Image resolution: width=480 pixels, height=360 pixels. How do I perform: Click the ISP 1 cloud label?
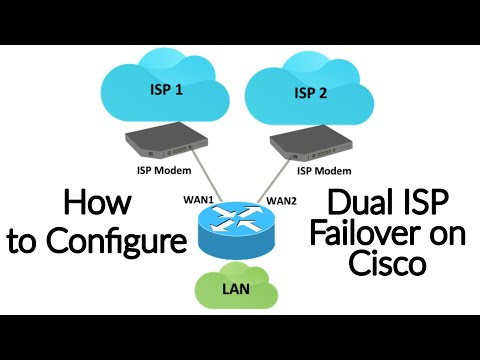[x=166, y=88]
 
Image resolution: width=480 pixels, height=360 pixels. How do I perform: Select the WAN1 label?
[x=200, y=199]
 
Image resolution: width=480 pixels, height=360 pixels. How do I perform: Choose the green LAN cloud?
[x=240, y=290]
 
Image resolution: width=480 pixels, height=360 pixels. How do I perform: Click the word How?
[x=98, y=203]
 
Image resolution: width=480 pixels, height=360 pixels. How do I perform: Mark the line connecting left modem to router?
[x=201, y=179]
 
